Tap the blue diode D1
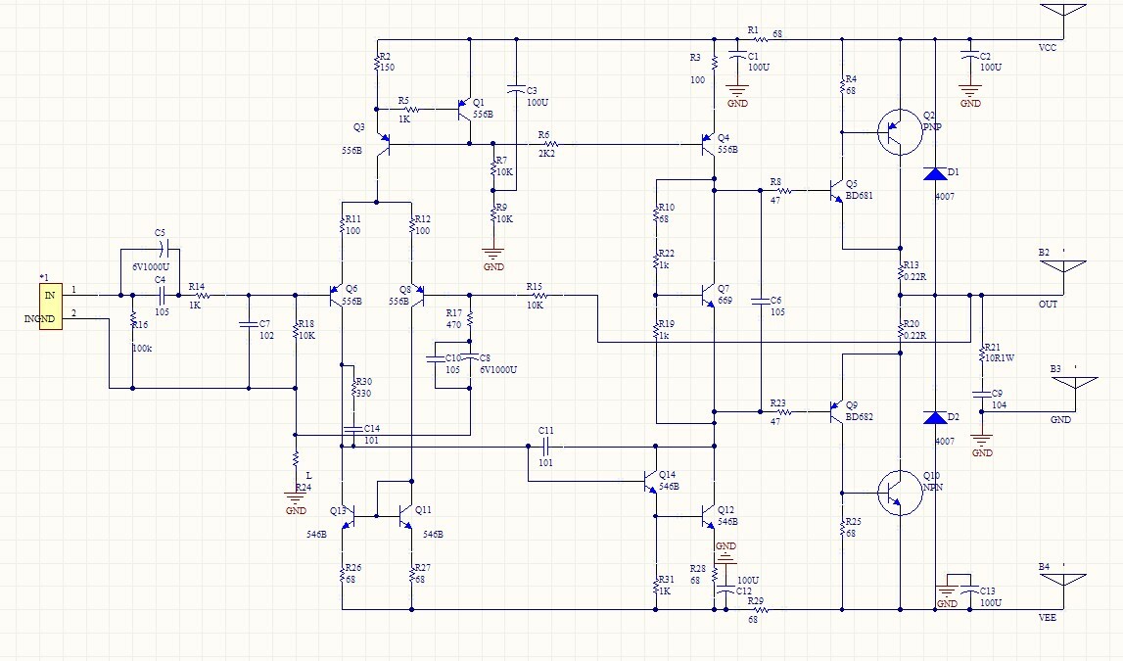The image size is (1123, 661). point(935,174)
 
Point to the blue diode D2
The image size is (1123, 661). point(935,418)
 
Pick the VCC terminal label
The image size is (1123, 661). point(1048,47)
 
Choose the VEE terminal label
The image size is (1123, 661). point(1048,617)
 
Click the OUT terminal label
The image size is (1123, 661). point(1048,304)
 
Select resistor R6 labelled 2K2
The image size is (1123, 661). point(544,145)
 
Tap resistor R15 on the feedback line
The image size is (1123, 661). point(535,294)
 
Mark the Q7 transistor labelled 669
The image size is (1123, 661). point(709,294)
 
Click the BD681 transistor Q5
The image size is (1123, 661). point(835,192)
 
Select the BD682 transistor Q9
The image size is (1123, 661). point(835,411)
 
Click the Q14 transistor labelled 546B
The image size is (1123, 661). point(648,481)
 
